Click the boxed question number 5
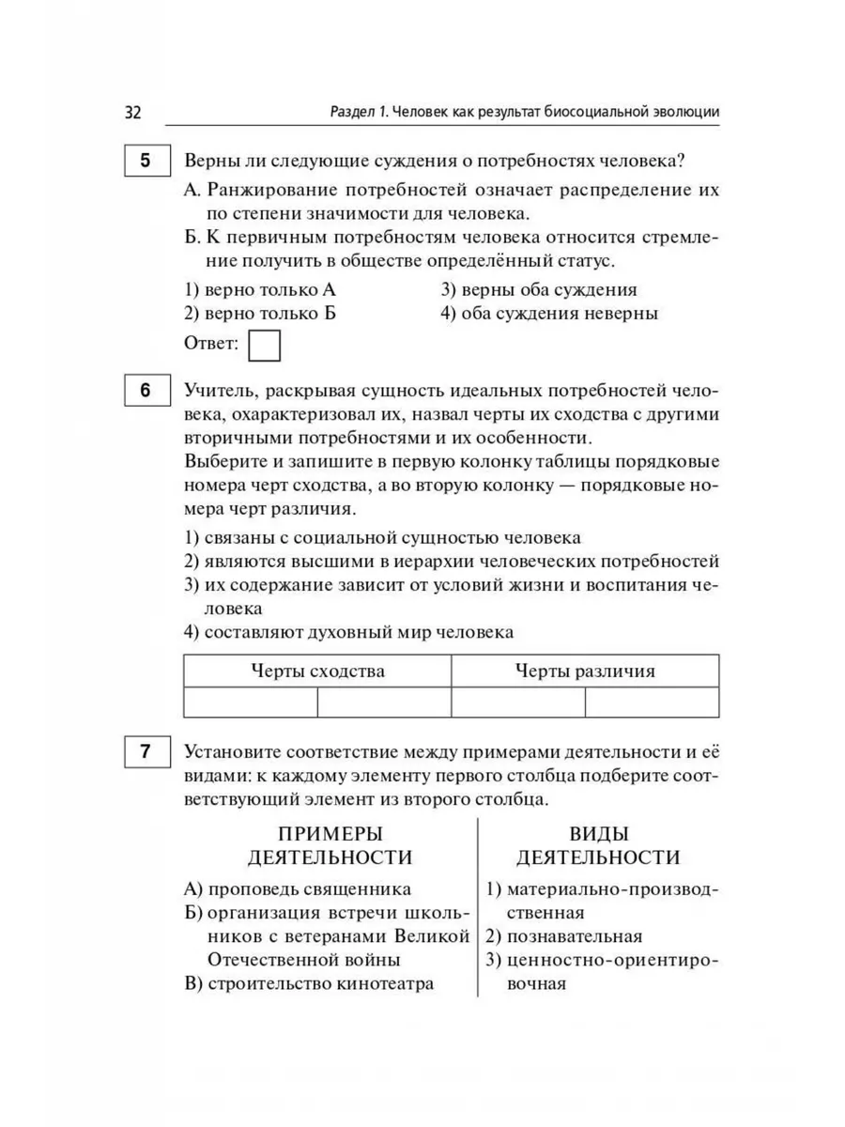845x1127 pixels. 145,161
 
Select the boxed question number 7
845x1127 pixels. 145,753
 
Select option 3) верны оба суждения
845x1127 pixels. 538,290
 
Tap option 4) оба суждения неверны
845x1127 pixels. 548,314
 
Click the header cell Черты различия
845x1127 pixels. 585,672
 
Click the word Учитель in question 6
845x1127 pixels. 217,389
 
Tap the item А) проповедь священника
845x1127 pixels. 298,888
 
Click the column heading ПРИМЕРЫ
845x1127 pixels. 330,833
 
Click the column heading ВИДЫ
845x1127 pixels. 599,833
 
